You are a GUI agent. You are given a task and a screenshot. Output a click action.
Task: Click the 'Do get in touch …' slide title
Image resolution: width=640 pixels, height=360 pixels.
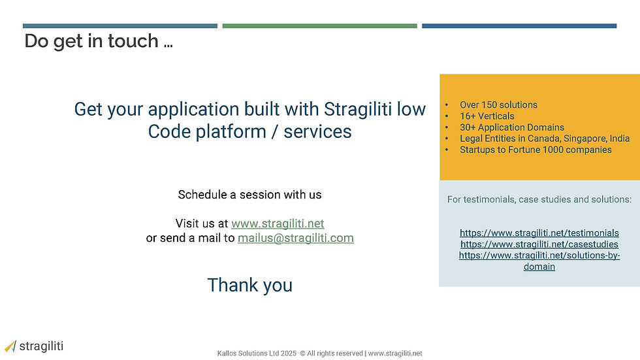99,41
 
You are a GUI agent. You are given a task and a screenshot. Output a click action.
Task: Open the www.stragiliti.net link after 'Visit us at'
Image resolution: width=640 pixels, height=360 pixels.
278,223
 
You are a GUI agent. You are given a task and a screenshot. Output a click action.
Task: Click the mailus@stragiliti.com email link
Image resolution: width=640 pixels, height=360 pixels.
295,238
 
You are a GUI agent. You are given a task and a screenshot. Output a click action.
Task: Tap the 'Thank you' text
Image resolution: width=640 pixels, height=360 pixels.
249,285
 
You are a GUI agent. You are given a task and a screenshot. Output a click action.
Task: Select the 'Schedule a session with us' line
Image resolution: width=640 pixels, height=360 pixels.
249,195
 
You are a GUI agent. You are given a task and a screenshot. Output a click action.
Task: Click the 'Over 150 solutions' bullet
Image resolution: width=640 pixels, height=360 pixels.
498,105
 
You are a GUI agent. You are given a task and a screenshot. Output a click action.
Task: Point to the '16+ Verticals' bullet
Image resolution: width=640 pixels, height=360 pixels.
487,116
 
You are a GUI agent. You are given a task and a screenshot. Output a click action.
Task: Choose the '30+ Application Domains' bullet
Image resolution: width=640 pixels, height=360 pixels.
512,127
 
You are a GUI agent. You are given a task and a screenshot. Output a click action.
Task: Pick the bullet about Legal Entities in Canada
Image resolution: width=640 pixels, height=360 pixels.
545,139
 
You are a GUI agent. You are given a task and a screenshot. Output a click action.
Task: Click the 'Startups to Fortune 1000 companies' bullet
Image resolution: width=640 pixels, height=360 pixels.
536,150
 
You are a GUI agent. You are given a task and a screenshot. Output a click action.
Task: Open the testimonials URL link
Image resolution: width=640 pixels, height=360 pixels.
539,233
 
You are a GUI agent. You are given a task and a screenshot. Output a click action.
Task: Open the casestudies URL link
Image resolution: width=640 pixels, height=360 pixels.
539,244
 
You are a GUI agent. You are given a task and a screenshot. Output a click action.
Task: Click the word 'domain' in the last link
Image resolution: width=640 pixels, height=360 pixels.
539,267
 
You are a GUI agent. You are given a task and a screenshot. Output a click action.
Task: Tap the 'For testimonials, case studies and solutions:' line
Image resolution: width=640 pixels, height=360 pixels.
539,199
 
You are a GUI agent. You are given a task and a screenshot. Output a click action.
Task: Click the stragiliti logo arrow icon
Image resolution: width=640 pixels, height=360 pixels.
10,346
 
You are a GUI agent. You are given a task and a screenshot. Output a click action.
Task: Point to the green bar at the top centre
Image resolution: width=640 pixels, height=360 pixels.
319,25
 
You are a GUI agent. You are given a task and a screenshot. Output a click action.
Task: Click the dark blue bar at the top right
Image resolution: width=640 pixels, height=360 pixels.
519,25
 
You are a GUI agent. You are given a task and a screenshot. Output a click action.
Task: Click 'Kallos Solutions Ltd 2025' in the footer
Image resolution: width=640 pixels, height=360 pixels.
257,353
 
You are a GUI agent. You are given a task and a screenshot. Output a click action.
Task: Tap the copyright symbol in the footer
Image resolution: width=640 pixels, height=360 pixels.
302,353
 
